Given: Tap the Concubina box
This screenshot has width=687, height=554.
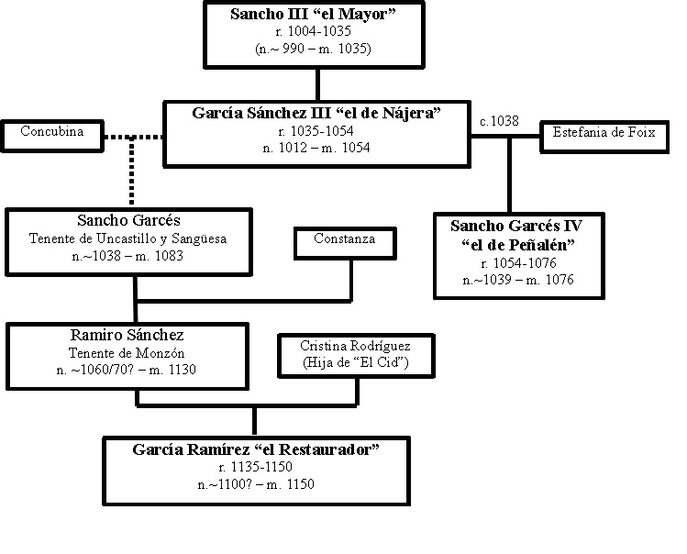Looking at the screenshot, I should click(x=51, y=132).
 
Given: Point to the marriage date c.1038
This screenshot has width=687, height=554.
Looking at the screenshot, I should click(x=499, y=120).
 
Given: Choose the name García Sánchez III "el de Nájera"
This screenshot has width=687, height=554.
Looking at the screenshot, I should click(x=317, y=114).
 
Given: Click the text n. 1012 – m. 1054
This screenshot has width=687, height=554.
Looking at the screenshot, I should click(x=316, y=148).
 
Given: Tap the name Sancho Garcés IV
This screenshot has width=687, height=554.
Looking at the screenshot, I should click(x=516, y=225).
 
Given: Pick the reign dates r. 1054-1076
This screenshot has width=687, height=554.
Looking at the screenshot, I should click(x=516, y=261).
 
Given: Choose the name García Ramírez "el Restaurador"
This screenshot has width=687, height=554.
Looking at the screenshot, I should click(x=256, y=449).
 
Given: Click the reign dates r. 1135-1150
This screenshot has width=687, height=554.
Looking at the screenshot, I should click(x=256, y=467).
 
